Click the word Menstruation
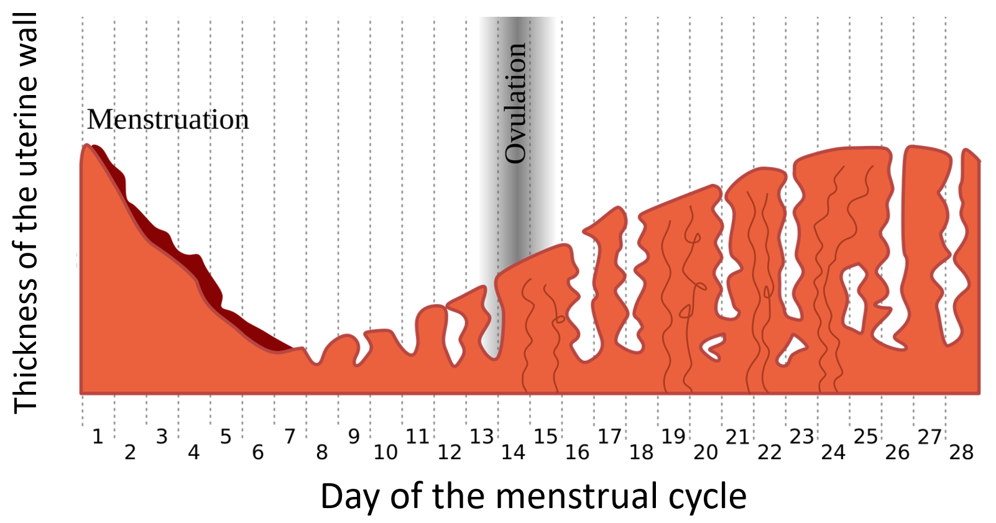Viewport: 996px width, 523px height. [168, 119]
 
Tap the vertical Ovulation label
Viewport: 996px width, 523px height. [515, 103]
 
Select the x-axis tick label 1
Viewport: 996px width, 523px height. [98, 437]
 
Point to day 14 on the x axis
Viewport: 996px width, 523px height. [513, 452]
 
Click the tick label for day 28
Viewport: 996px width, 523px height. [961, 452]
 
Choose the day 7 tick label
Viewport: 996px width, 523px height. [290, 437]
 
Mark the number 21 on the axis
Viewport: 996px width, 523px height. [737, 437]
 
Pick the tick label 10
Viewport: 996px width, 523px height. [385, 452]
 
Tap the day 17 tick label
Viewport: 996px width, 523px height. [609, 437]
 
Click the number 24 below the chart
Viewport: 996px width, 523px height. [833, 452]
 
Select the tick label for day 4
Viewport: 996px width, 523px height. [193, 452]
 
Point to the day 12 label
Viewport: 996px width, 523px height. [450, 452]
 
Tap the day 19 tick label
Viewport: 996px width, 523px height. [673, 437]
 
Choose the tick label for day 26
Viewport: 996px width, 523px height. [897, 452]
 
